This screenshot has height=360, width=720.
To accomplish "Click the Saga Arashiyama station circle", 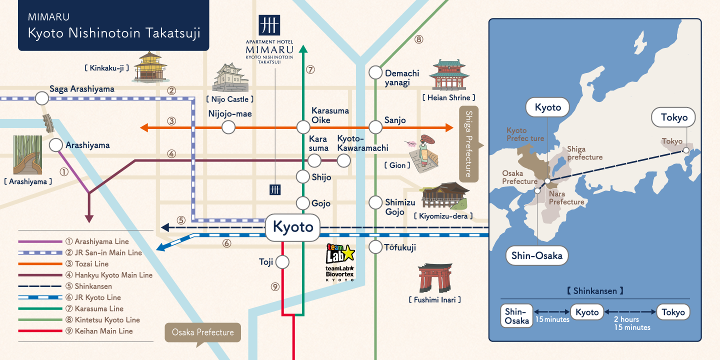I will tap(42, 98).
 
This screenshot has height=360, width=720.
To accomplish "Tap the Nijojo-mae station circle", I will tap(228, 127).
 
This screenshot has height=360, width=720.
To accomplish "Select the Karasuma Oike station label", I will tap(330, 115).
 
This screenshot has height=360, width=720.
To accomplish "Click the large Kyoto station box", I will tap(292, 226).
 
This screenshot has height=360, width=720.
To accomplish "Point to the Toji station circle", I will tap(282, 262).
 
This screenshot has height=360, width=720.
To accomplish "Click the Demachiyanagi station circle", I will tap(375, 72).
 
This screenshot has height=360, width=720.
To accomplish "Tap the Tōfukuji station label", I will tap(400, 247).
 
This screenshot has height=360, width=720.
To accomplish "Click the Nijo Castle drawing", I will tap(230, 77).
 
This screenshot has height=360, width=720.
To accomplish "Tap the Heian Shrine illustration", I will tap(449, 75).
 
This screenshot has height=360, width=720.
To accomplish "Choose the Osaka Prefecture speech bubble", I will tap(202, 333).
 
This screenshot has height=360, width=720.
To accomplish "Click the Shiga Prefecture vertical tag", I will tap(469, 144).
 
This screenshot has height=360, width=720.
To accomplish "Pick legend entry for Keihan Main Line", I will tap(103, 331).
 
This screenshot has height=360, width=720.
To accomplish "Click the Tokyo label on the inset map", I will tap(673, 118).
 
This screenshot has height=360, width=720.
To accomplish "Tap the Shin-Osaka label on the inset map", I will tap(537, 255).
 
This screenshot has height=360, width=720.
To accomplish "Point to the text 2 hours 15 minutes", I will tap(632, 323).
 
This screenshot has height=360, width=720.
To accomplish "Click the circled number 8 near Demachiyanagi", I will tap(418, 38).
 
